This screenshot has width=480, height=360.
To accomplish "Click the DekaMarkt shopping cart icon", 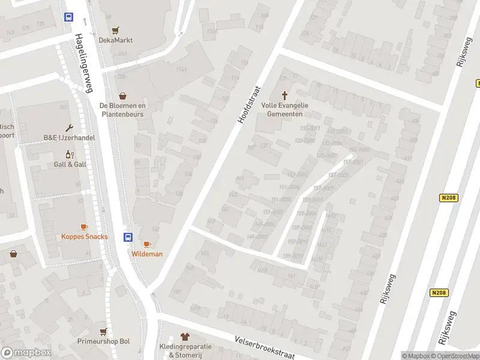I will pyautogui.click(x=115, y=29).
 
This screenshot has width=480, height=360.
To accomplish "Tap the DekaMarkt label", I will pyautogui.click(x=115, y=40).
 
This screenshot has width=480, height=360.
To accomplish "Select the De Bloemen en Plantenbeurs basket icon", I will pyautogui.click(x=123, y=95).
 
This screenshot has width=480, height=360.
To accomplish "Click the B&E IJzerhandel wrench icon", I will pyautogui.click(x=70, y=128).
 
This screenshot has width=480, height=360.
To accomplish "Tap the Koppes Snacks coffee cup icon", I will pyautogui.click(x=84, y=227).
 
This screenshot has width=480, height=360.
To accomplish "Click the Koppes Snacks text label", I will pyautogui.click(x=84, y=236).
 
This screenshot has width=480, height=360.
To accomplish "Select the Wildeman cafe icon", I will pyautogui.click(x=148, y=244).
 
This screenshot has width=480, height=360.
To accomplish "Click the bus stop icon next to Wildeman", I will pyautogui.click(x=128, y=237).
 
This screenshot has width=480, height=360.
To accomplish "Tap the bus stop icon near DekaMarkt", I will pyautogui.click(x=69, y=17).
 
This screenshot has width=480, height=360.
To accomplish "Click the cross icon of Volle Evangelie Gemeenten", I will pyautogui.click(x=284, y=95).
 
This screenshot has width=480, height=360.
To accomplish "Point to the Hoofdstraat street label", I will pyautogui.click(x=251, y=104).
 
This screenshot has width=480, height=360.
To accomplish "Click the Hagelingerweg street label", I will pyautogui.click(x=84, y=62).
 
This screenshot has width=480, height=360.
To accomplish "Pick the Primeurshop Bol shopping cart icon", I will pyautogui.click(x=103, y=331).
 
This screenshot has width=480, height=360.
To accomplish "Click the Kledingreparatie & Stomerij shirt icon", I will pyautogui.click(x=185, y=337).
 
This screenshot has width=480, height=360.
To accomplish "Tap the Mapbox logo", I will pyautogui.click(x=26, y=353).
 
